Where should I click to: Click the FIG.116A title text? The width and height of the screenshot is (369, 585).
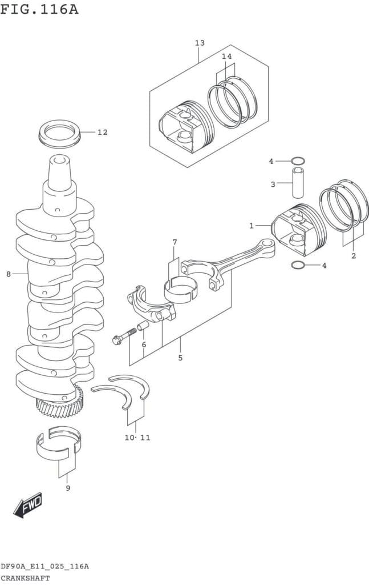click(39, 9)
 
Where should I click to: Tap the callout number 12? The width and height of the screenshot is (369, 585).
click(103, 132)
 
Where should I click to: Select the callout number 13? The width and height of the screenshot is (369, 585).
click(200, 43)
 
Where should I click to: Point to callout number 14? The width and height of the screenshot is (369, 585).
click(227, 57)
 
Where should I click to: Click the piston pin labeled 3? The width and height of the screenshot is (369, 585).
click(297, 183)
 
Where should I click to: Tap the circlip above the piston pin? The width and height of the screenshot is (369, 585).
click(298, 161)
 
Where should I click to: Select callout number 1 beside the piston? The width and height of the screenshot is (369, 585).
click(252, 226)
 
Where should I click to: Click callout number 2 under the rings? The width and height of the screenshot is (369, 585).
click(354, 256)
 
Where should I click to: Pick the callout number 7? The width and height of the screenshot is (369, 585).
click(175, 242)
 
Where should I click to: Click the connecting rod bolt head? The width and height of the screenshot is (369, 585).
click(116, 340)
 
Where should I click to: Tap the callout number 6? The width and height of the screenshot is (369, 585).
click(144, 344)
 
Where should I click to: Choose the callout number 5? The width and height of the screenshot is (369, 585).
click(180, 358)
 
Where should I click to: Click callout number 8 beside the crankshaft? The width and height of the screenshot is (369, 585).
click(9, 274)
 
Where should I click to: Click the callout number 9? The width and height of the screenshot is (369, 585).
click(68, 488)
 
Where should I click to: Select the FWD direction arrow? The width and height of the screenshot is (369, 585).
click(28, 505)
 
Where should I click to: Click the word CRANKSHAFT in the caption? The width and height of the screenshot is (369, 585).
click(25, 578)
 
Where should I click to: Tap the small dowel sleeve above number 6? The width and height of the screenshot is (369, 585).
click(143, 326)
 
